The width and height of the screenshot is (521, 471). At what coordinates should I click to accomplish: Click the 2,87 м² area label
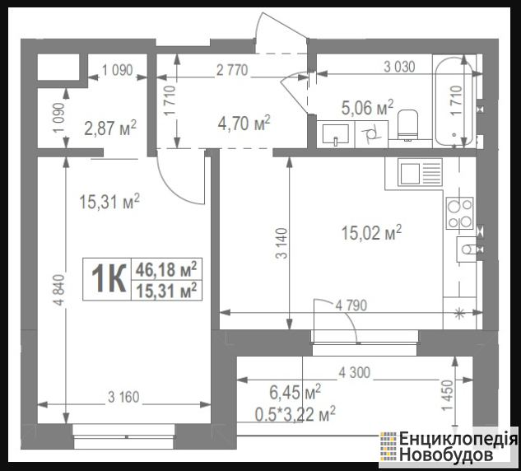[x=110, y=128]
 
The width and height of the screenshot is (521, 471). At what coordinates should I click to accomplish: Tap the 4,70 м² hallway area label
[x=244, y=123]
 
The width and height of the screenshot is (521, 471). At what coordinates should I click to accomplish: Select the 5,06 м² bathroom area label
[x=367, y=107]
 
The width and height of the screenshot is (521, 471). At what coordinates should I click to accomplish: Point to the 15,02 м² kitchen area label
[x=371, y=232]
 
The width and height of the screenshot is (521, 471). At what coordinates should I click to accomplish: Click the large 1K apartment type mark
[x=109, y=279]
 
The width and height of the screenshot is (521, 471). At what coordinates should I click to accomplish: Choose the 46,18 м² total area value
[x=166, y=269]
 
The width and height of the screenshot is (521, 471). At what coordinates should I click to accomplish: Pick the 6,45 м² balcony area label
[x=295, y=392]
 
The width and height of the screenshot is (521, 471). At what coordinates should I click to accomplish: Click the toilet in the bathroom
[x=407, y=125]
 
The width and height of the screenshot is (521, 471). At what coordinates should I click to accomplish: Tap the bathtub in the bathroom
[x=454, y=100]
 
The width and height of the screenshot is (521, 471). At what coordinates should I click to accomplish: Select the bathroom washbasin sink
[x=336, y=134]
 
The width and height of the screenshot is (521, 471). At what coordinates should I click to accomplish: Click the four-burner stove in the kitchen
[x=459, y=213]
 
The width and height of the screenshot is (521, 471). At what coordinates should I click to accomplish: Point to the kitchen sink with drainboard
[x=421, y=171]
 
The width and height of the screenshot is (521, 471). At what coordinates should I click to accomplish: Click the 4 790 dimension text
[x=351, y=305]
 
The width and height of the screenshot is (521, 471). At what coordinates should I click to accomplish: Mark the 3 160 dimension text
[x=123, y=397]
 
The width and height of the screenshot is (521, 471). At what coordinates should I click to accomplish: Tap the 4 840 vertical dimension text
[x=58, y=290]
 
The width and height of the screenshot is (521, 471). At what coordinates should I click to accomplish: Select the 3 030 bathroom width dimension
[x=399, y=67]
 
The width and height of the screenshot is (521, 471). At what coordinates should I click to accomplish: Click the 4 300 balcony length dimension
[x=355, y=373]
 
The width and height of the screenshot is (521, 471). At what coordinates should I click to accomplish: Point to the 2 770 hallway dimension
[x=232, y=70]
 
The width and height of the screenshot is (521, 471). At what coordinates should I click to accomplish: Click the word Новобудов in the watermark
[x=446, y=455]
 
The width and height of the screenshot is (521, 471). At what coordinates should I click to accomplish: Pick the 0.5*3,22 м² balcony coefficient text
[x=295, y=414]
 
